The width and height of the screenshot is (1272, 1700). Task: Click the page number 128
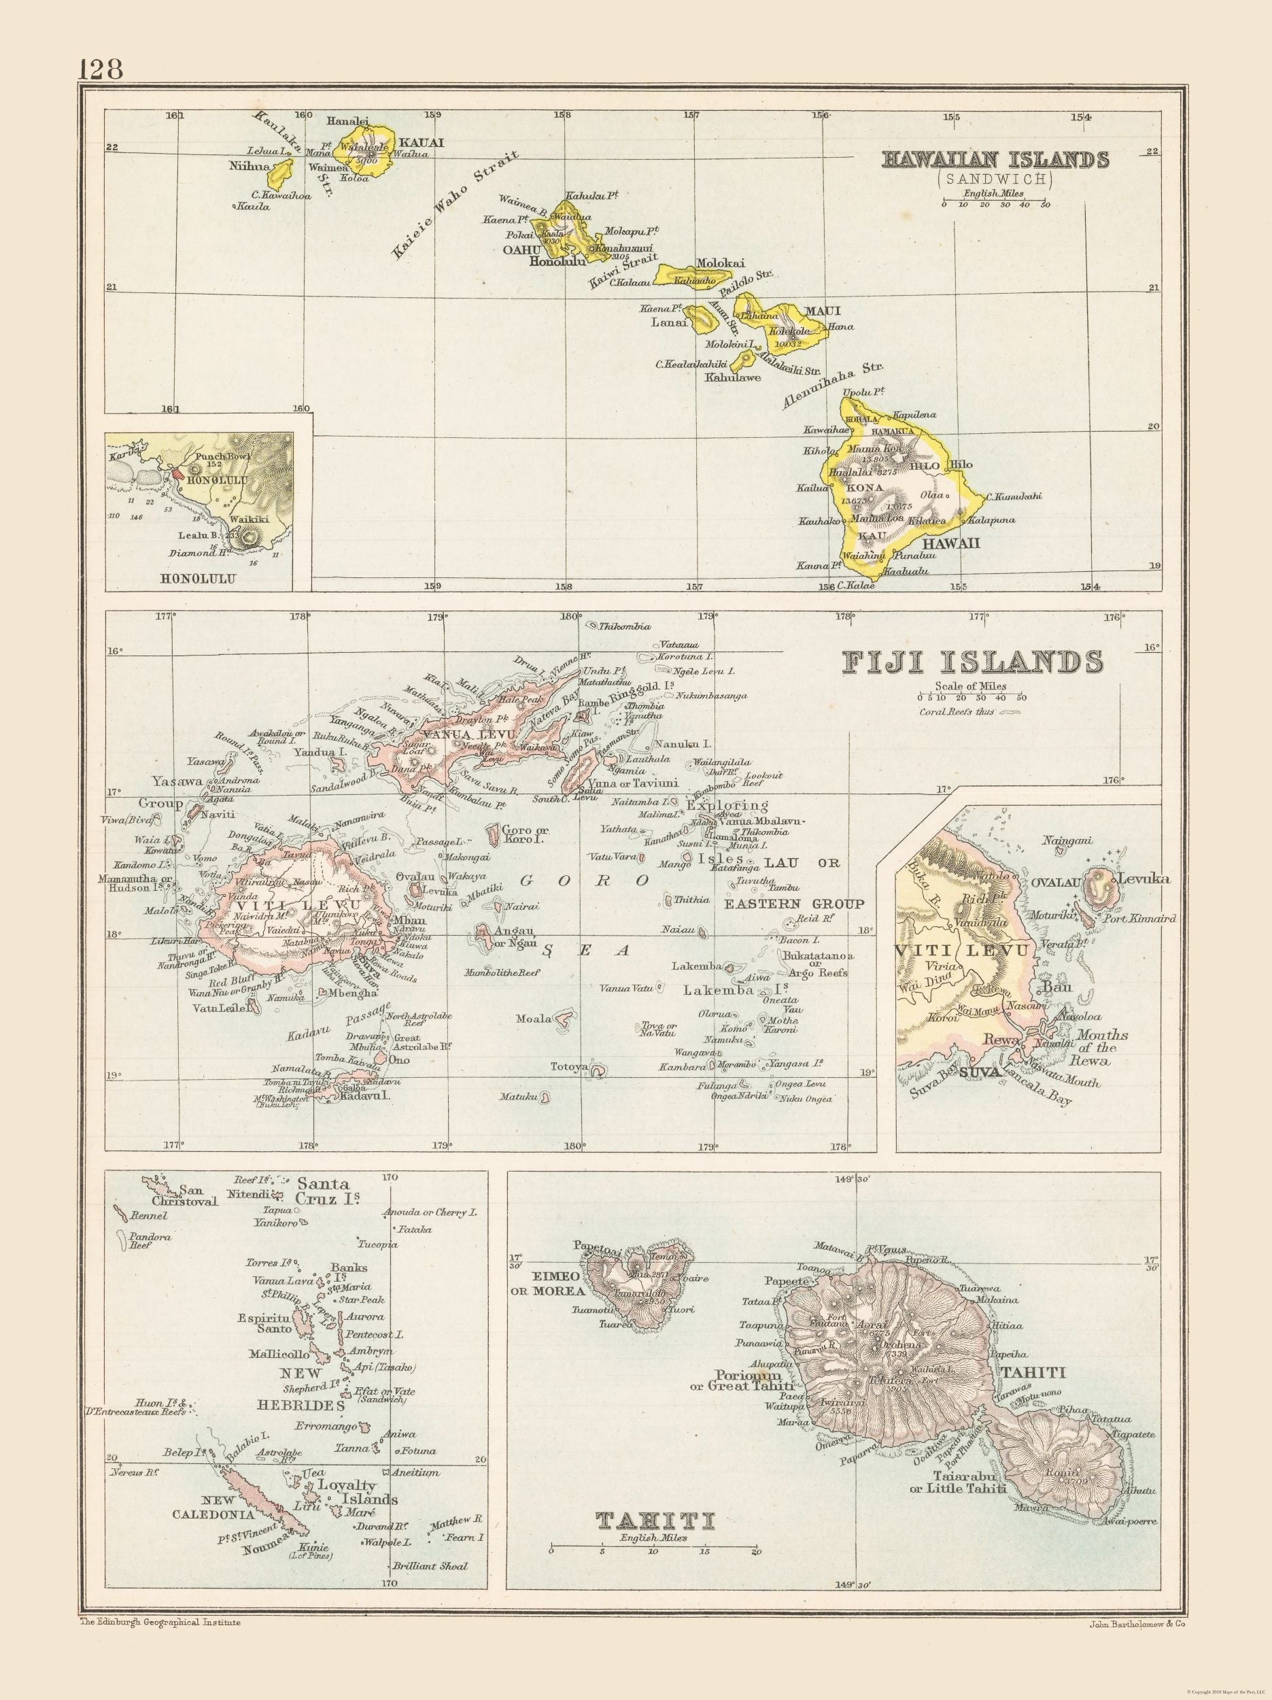coord(101,69)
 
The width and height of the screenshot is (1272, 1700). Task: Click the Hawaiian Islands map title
coord(995,159)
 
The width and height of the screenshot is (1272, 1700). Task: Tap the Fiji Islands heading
coord(973,662)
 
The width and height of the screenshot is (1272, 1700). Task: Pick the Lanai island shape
coord(701,318)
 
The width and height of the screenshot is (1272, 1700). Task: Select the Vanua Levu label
coord(446,733)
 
